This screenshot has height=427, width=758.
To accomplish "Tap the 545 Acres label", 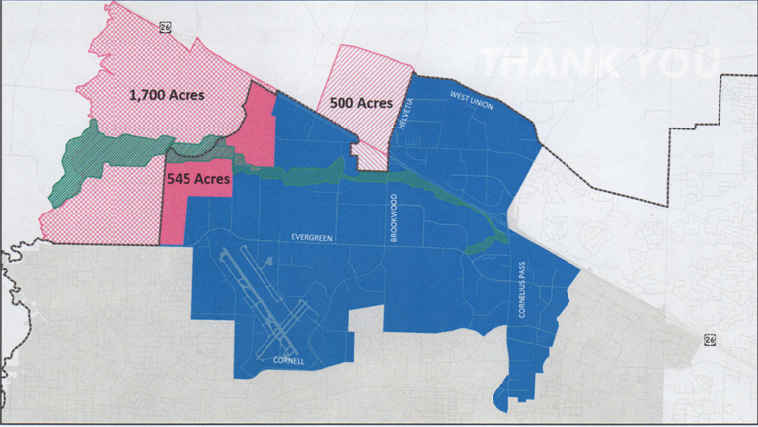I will coord(198,180).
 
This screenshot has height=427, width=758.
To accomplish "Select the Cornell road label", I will coord(287,361).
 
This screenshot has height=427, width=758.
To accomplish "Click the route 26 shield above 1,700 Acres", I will coord(164,29).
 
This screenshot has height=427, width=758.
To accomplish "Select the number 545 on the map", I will coord(179,180).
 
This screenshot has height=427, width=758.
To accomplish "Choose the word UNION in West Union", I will coord(481,104).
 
